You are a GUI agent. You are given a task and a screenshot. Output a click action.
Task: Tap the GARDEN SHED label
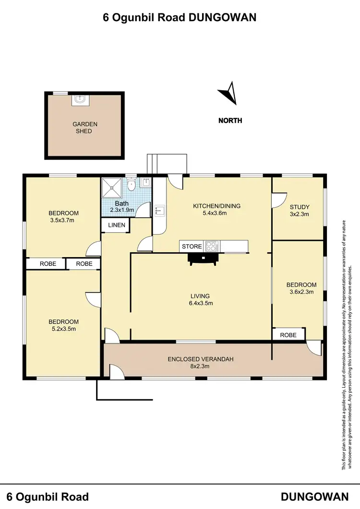point(85,128)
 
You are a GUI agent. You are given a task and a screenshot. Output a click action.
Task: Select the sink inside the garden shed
point(80,100)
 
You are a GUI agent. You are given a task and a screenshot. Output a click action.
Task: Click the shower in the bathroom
point(112,187)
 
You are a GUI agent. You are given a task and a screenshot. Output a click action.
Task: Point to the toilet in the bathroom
point(132,184)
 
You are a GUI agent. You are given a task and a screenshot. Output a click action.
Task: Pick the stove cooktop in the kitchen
point(211,247)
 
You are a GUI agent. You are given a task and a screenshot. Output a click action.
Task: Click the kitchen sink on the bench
point(159,210)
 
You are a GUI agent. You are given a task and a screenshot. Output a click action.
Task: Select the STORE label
point(192,247)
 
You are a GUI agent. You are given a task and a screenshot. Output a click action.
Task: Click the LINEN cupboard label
point(116,225)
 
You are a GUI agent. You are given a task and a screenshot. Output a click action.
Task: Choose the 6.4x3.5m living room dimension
point(201,303)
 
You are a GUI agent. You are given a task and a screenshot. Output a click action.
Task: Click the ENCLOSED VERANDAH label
point(196,359)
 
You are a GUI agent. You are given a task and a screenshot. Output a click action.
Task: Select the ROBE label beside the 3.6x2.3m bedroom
point(288,335)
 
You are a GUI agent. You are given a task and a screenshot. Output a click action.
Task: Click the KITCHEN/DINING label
point(216,206)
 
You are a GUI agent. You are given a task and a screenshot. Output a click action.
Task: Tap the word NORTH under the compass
point(230,120)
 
